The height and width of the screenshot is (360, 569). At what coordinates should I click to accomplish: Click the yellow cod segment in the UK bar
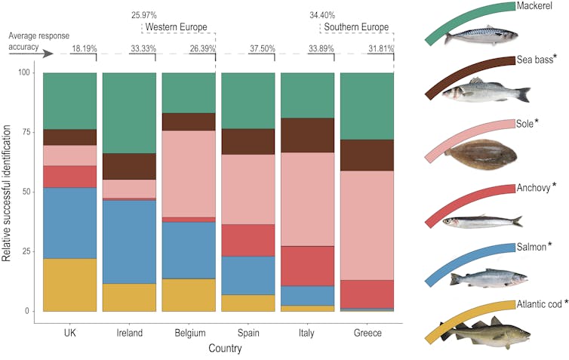[x=70, y=285]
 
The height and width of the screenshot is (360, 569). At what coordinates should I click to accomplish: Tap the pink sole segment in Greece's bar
[x=368, y=226]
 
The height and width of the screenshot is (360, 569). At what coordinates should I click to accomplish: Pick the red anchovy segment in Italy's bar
[x=307, y=266]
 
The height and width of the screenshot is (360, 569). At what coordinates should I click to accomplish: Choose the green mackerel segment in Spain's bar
[x=248, y=100]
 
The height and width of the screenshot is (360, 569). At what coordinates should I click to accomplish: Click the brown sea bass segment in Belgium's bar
[x=189, y=122]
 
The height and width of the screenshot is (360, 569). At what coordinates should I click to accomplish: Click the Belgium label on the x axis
[x=189, y=333]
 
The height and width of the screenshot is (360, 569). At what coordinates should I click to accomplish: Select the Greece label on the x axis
[x=368, y=333]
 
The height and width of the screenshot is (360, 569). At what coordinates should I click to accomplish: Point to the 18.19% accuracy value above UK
[x=85, y=49]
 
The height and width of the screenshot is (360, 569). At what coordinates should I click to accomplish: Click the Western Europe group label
[x=176, y=28]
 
